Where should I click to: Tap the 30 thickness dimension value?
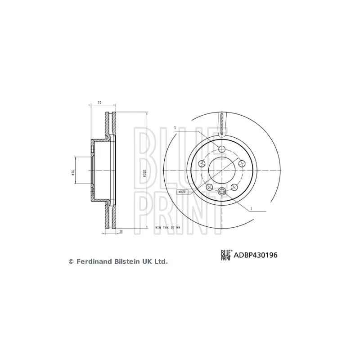coord(121,232)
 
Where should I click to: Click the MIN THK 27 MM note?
coord(167,228)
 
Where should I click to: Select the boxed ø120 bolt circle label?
coord(182,192)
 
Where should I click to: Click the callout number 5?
coord(175,128)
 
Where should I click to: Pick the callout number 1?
coord(251,208)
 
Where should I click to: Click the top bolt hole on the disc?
coord(221,149)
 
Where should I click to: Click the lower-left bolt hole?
coord(209,187)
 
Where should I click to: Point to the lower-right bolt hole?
coord(234,187)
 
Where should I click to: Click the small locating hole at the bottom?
coord(221,192)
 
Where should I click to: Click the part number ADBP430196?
coord(256,255)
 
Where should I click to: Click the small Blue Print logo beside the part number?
coord(225,255)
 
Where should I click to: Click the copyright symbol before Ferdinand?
coord(71,261)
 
